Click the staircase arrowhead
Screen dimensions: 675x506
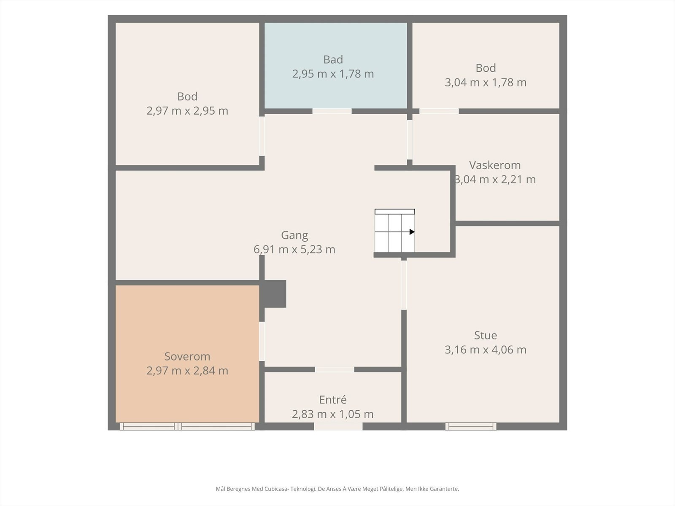412,232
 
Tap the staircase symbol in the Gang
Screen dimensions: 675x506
395,231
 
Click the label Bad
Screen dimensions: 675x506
333,59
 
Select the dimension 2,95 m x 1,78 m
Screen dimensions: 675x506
333,74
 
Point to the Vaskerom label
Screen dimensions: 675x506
495,165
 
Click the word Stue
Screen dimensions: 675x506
486,335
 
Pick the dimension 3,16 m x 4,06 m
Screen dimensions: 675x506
486,350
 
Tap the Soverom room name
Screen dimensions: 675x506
187,356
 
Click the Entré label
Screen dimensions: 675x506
333,400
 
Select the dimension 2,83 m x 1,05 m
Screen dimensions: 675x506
333,414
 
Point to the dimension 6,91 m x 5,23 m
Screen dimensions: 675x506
294,249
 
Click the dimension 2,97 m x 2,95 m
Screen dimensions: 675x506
187,111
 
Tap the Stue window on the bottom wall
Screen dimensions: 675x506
471,426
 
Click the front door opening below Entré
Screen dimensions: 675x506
338,426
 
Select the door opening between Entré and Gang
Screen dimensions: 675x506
335,370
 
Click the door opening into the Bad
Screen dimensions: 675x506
332,111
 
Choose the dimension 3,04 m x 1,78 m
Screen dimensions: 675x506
486,82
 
